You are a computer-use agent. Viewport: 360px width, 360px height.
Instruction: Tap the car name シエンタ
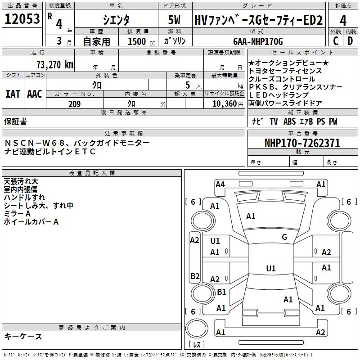(116, 20)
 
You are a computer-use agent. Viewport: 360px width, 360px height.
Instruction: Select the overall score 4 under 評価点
(343, 20)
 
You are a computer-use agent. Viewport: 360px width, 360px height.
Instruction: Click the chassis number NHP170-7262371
(302, 143)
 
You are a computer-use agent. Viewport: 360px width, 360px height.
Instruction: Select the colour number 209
(75, 104)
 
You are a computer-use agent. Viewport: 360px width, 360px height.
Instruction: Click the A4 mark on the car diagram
(220, 184)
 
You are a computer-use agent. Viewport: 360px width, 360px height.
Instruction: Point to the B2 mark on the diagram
(194, 276)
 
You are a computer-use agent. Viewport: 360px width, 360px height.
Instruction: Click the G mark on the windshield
(284, 237)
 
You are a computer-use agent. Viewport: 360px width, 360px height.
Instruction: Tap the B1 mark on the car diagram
(221, 292)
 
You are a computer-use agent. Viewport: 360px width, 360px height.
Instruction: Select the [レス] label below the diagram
(196, 345)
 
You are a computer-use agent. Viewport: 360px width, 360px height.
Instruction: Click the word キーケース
(23, 336)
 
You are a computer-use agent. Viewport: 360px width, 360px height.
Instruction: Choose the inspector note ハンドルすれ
(24, 198)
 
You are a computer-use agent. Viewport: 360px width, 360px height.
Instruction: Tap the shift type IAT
(13, 94)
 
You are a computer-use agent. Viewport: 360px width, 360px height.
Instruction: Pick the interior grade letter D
(350, 41)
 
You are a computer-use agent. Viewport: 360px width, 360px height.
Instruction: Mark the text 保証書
(15, 121)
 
